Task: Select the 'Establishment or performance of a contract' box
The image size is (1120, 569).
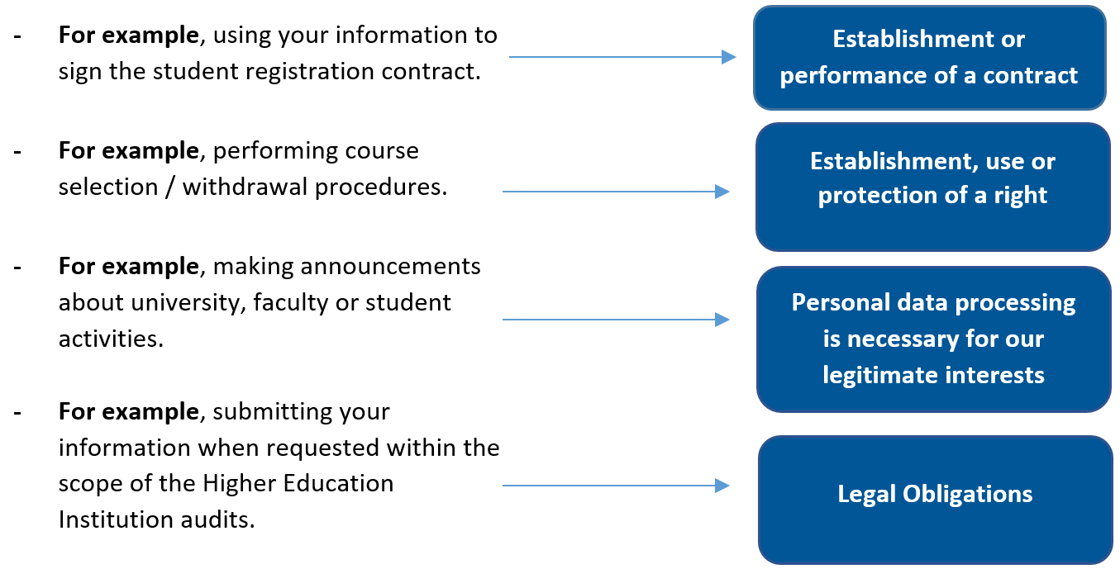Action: click(929, 58)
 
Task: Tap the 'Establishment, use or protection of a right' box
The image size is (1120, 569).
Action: click(932, 187)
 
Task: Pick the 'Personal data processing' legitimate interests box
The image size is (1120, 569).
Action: click(933, 339)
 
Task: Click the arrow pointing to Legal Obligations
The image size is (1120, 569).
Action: click(616, 486)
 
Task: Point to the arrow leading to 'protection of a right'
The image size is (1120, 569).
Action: click(616, 192)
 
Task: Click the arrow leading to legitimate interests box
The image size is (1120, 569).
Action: click(616, 320)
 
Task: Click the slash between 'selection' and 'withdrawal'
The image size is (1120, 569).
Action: click(172, 187)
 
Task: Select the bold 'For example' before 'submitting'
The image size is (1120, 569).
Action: click(128, 411)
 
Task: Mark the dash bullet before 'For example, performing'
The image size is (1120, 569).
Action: click(17, 152)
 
